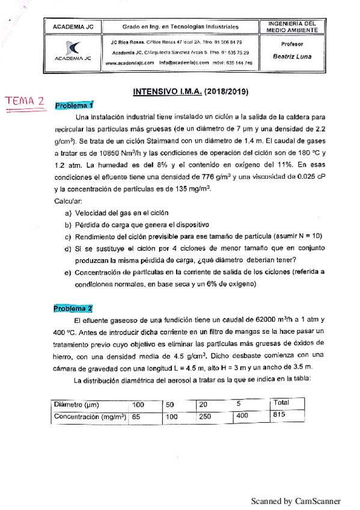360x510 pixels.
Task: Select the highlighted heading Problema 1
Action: point(75,106)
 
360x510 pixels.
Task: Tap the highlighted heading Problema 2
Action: point(73,309)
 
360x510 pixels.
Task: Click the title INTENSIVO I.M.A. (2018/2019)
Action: point(191,92)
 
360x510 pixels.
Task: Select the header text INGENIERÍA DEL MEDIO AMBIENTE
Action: point(292,26)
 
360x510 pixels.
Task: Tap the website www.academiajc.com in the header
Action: point(127,63)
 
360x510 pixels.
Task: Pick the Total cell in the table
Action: point(281,402)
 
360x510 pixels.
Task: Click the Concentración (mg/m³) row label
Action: point(90,416)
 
